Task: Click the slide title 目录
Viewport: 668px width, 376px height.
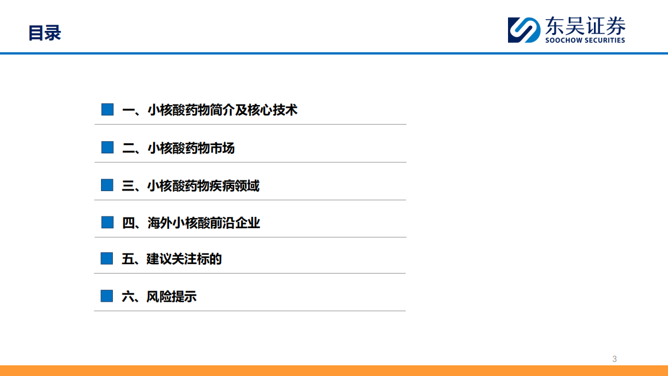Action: click(44, 33)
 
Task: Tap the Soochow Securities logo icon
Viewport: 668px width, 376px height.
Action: click(524, 30)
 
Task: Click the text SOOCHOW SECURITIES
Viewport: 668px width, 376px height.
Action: click(585, 40)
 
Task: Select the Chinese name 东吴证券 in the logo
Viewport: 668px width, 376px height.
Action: click(584, 26)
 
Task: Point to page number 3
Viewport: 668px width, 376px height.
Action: click(615, 359)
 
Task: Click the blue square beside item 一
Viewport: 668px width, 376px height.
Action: click(107, 110)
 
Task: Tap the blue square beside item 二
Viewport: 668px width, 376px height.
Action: click(107, 148)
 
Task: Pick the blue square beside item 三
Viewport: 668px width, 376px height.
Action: click(107, 185)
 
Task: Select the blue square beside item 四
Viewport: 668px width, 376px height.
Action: click(107, 223)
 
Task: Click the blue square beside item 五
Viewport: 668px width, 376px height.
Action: click(107, 259)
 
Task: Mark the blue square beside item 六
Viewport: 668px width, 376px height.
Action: click(107, 296)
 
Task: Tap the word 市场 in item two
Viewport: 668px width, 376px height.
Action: click(222, 148)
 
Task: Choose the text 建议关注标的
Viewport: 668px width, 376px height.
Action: click(184, 259)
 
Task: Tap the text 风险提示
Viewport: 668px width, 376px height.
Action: click(172, 296)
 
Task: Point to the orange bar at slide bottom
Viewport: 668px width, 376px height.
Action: click(334, 370)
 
